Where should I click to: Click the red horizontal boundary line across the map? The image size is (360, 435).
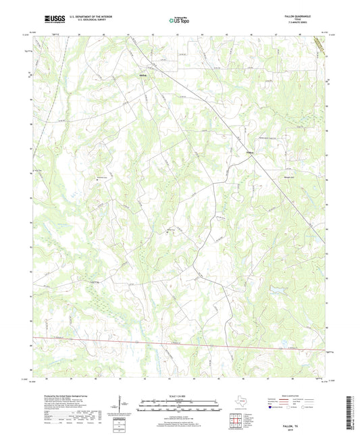point(176,344)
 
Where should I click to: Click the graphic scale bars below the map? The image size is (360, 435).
point(179,407)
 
